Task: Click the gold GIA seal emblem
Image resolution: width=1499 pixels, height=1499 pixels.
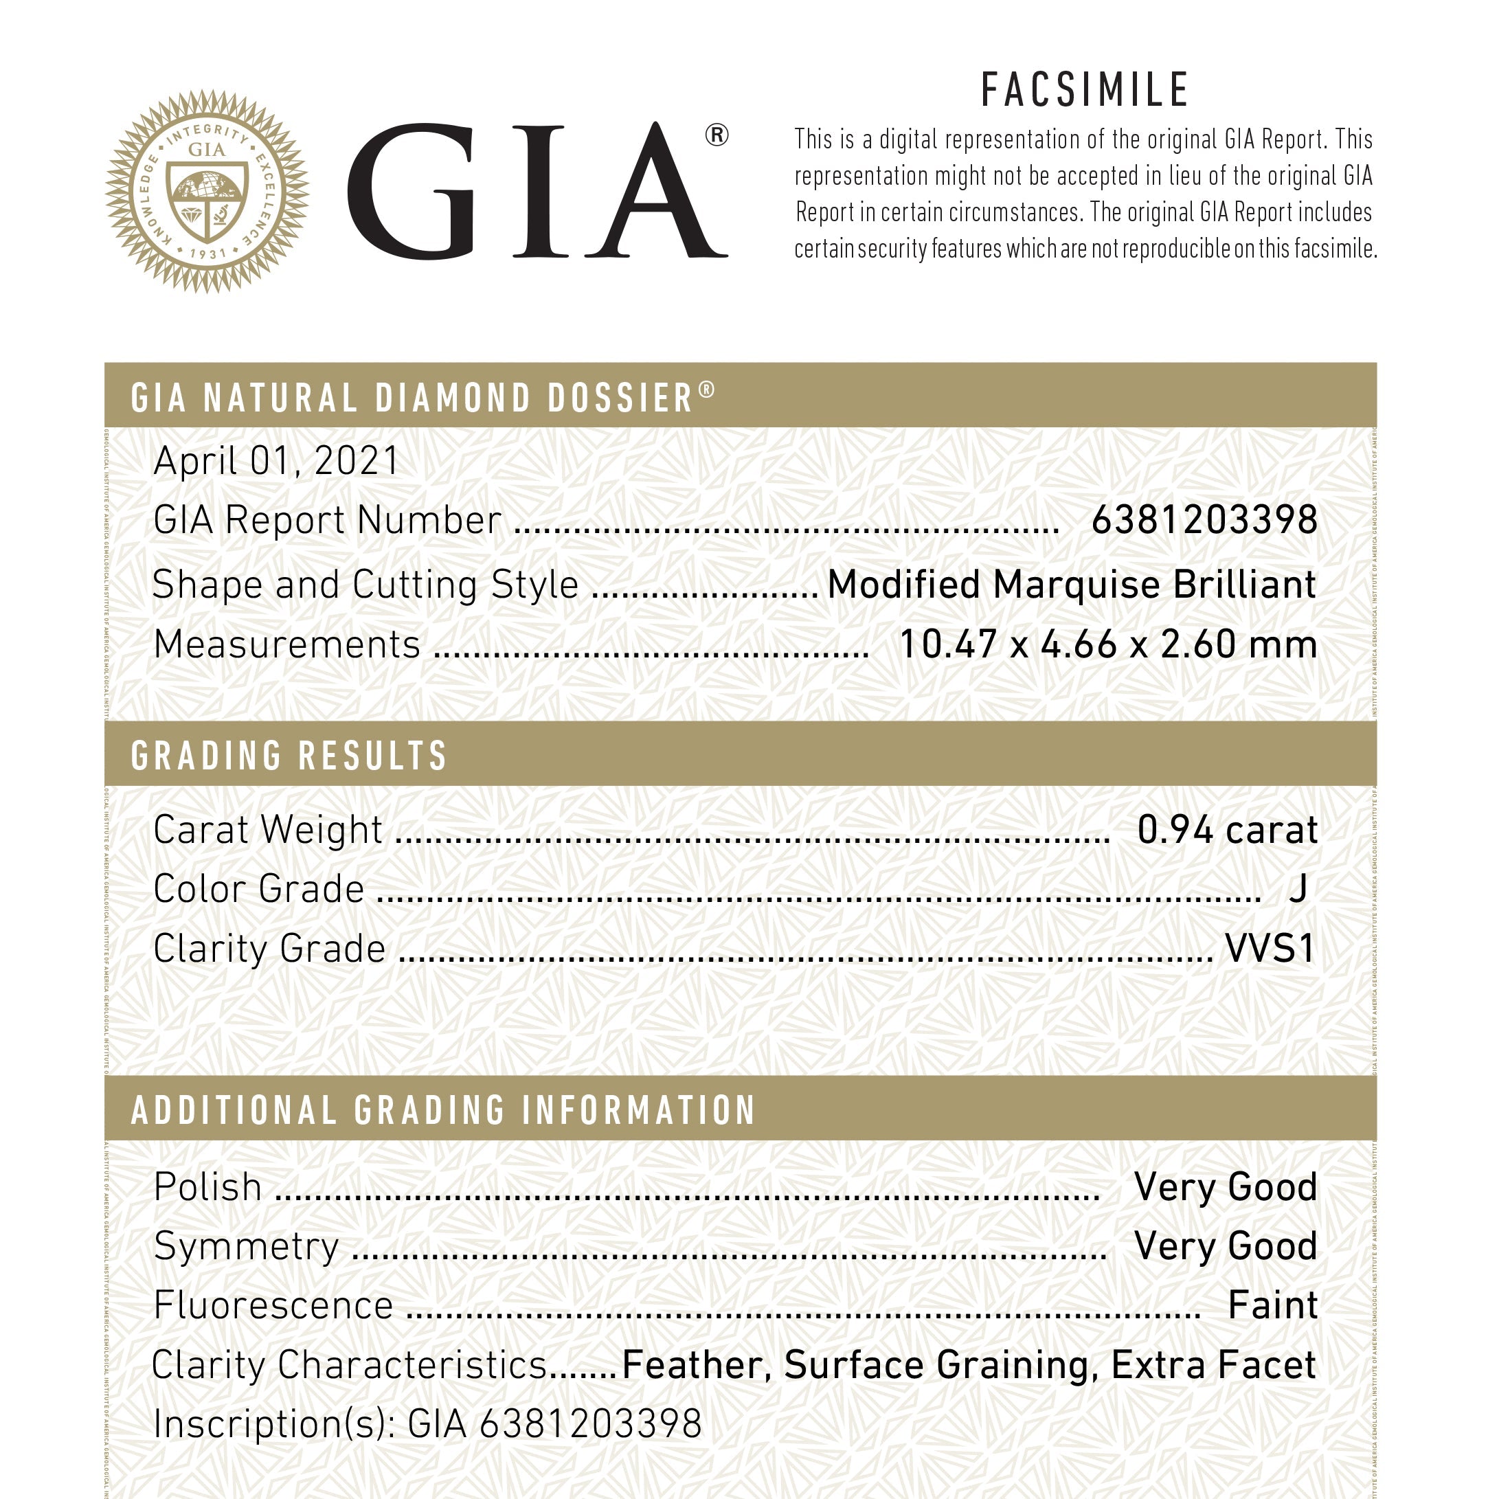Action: pos(207,191)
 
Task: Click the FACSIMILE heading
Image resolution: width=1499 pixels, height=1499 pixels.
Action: pos(1085,90)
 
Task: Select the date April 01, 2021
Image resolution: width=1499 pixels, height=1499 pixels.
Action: pos(276,461)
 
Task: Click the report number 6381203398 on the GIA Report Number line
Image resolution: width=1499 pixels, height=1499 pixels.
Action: pos(1204,520)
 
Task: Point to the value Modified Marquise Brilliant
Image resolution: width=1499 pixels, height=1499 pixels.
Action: pos(1072,584)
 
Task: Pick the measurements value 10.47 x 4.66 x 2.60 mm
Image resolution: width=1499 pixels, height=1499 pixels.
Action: pos(1108,644)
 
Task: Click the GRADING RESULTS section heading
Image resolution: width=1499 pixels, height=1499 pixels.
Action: pos(289,756)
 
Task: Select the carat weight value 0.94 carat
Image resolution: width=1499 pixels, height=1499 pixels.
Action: pos(1227,829)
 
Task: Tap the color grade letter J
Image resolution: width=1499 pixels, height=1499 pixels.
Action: pos(1298,888)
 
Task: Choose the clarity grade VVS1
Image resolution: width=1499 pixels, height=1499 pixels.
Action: pos(1270,948)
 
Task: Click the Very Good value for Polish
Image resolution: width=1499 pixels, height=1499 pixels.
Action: pos(1225,1187)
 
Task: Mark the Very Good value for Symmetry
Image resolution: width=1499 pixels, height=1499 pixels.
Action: pos(1225,1246)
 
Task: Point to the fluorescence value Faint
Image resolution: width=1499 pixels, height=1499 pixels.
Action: pos(1272,1305)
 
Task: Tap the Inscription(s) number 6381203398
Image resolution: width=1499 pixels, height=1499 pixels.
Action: pos(590,1423)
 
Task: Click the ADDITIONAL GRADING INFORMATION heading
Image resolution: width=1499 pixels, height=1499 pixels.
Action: pos(443,1109)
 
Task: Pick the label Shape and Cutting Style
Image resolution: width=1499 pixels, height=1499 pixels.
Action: pos(365,584)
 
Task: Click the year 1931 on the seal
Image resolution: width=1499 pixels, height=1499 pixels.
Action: pos(207,253)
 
